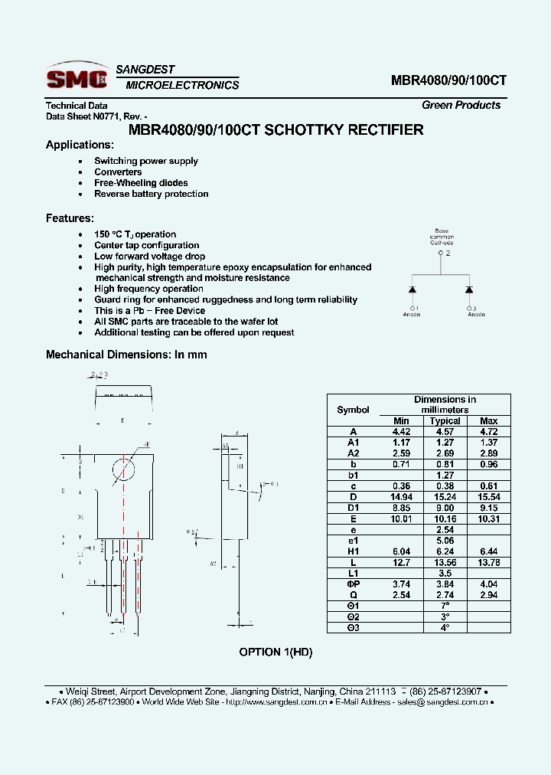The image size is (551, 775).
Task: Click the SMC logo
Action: click(77, 77)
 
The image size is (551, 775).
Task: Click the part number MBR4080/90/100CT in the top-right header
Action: click(448, 80)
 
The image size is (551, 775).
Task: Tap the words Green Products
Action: click(461, 106)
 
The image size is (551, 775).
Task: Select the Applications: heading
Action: click(80, 145)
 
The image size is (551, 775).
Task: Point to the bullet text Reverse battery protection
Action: click(152, 194)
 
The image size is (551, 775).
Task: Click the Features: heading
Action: click(70, 218)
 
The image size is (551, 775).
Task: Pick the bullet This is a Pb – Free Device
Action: click(149, 311)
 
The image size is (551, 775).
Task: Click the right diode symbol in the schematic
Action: click(469, 289)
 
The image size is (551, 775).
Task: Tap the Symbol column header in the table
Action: click(353, 410)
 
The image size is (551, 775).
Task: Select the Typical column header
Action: click(445, 420)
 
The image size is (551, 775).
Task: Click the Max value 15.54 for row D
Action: click(488, 497)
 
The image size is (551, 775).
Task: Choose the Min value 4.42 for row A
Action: click(401, 431)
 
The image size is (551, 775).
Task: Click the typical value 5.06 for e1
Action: click(445, 541)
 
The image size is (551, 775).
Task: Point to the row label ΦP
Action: click(353, 584)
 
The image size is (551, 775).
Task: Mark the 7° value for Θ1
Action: click(445, 606)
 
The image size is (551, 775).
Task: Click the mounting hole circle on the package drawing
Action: click(124, 469)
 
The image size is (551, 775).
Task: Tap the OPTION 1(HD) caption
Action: click(275, 652)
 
